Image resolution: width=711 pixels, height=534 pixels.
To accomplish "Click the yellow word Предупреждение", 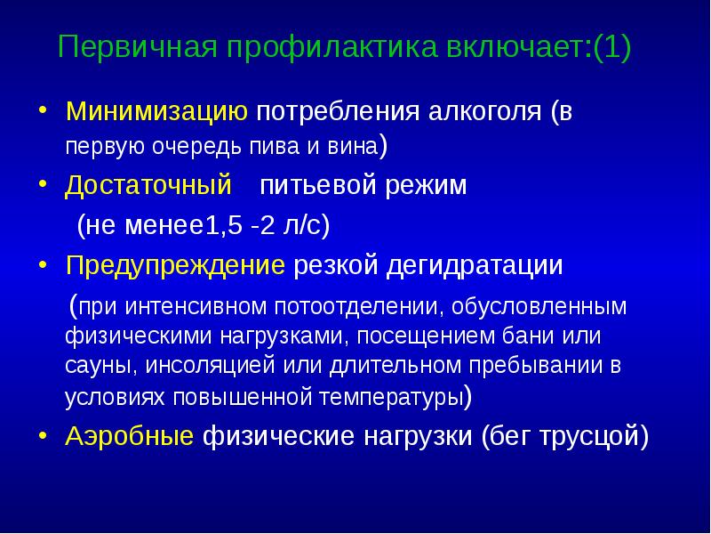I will coord(175,265).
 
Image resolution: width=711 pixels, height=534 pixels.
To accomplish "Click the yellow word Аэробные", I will coord(130,437).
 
